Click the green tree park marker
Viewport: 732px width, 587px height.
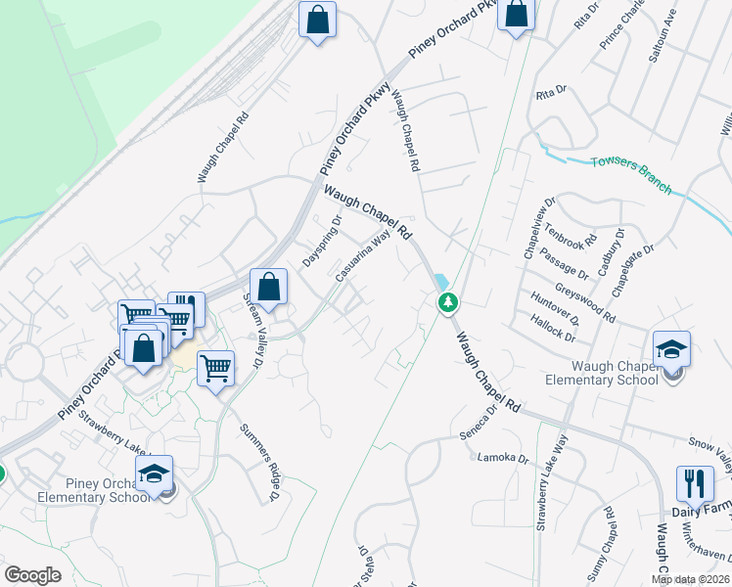(448, 302)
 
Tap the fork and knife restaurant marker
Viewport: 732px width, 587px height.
(695, 483)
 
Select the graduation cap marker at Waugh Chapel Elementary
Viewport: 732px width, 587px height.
(671, 348)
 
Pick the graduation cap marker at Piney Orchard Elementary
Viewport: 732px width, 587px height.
(154, 474)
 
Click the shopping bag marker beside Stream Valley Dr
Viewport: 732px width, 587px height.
(268, 288)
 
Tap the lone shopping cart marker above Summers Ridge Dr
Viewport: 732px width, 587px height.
(215, 369)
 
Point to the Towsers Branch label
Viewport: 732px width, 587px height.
(631, 172)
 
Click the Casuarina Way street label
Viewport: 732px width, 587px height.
(363, 257)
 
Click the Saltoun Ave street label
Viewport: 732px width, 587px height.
(663, 36)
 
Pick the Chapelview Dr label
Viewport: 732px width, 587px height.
(537, 227)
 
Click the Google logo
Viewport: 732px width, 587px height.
(32, 575)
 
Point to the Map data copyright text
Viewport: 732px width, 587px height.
(690, 579)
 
